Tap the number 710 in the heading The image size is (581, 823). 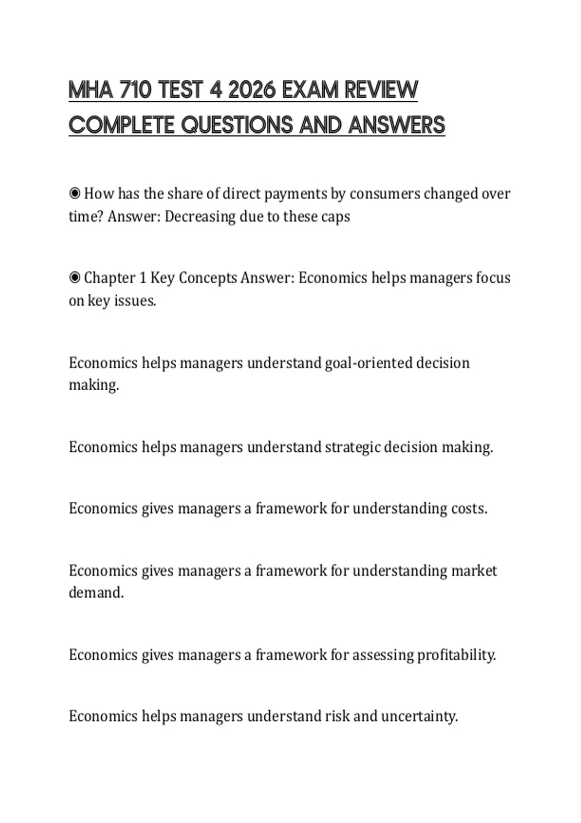point(135,90)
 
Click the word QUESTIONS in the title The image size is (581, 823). point(237,125)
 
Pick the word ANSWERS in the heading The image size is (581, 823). point(397,125)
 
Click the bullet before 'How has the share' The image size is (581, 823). point(75,194)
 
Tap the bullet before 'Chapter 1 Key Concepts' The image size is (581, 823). point(75,278)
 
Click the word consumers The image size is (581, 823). point(384,194)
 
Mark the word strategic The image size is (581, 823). point(352,447)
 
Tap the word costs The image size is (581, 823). point(469,508)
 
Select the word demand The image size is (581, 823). point(96,593)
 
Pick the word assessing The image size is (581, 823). point(382,655)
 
